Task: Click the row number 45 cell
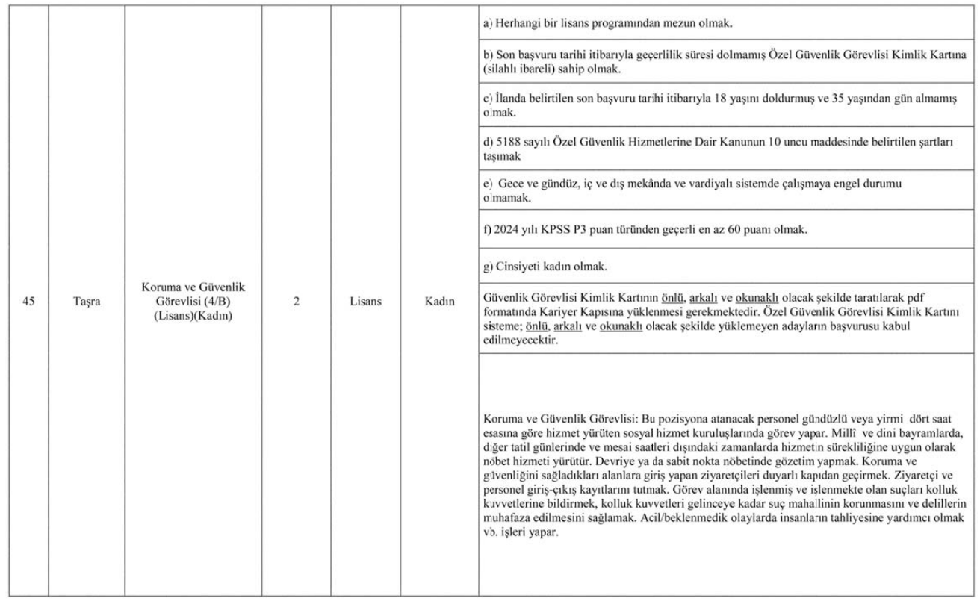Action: click(x=28, y=304)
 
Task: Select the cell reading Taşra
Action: click(x=87, y=304)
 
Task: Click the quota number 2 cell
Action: click(x=297, y=304)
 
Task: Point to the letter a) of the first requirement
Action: click(x=489, y=24)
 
